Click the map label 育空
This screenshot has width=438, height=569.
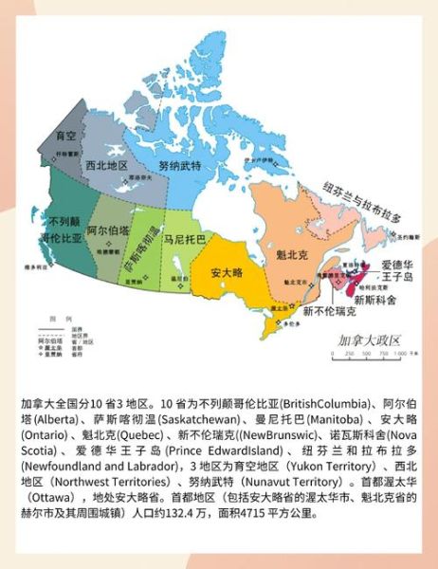click(65, 137)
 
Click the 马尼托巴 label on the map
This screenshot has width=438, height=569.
click(182, 241)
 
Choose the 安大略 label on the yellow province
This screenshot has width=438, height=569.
click(228, 273)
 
